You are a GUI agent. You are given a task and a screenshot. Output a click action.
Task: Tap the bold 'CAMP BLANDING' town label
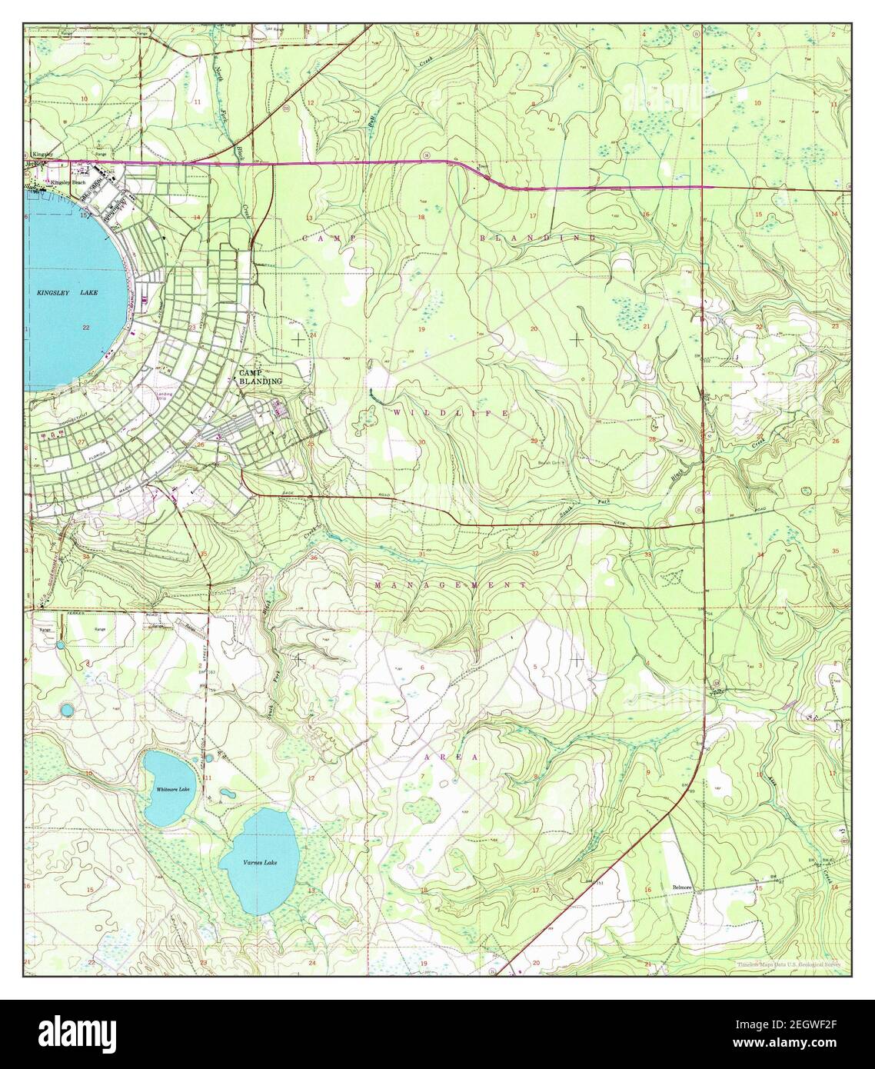pyautogui.click(x=260, y=376)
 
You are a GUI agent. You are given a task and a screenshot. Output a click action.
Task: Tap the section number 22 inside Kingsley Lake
pyautogui.click(x=85, y=328)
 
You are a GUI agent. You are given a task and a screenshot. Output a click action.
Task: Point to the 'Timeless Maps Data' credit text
pyautogui.click(x=788, y=964)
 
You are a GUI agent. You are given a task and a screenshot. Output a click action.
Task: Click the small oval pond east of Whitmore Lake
pyautogui.click(x=228, y=792)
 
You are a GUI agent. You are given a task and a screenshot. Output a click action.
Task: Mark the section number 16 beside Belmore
pyautogui.click(x=647, y=889)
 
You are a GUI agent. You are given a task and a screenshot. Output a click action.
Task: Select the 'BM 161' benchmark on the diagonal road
pyautogui.click(x=601, y=884)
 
